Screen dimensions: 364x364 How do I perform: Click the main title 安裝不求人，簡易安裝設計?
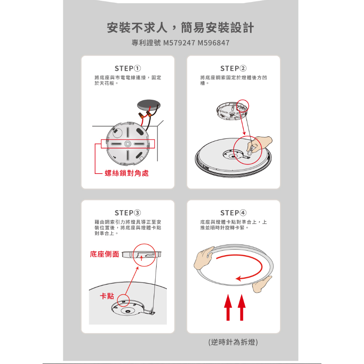180,28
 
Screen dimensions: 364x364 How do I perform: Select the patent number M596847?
213,43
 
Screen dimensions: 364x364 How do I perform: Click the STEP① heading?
128,69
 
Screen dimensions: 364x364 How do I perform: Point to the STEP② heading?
233,69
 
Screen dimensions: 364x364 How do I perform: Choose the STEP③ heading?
128,213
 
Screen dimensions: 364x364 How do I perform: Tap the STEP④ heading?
233,213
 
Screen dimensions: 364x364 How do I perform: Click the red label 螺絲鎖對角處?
127,173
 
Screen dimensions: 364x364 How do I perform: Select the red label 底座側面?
105,254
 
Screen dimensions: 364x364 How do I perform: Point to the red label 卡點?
107,296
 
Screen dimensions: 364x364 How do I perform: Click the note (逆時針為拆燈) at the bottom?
233,342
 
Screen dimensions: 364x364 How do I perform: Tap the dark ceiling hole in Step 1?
149,105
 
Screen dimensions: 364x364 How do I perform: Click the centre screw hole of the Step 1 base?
127,144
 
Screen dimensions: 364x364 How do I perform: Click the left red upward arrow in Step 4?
228,307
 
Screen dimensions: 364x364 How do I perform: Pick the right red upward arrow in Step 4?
242,307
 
